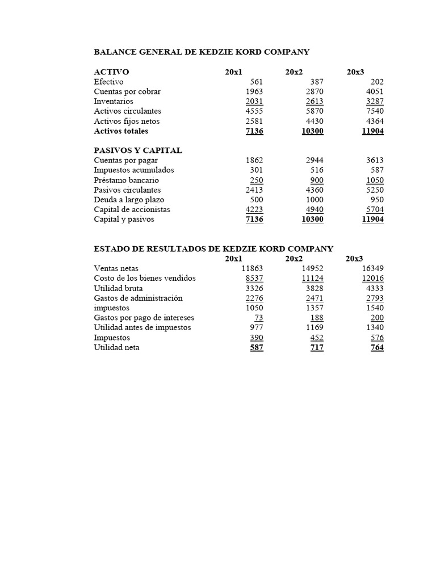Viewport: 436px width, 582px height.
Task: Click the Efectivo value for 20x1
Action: coord(257,82)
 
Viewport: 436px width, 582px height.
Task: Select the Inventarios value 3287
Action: coord(373,102)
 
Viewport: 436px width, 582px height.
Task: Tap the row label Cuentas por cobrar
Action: coord(127,92)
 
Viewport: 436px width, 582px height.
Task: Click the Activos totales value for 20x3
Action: coord(372,131)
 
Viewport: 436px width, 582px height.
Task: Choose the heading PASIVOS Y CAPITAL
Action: coord(138,151)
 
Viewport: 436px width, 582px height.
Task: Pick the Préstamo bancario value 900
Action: coord(317,180)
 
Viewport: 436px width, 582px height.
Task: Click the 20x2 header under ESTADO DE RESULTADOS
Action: coord(294,259)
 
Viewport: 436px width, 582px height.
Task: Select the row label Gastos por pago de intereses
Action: coord(144,318)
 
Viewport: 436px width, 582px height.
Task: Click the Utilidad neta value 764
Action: coord(377,348)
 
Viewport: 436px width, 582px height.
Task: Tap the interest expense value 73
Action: coord(259,318)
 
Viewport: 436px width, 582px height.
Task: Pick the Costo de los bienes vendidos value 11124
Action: coord(313,278)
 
